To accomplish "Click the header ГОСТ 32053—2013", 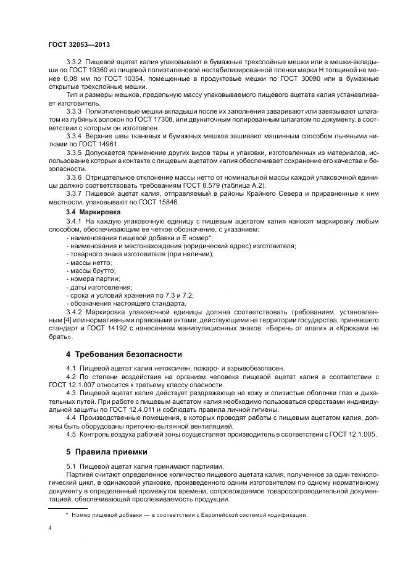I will (78, 45).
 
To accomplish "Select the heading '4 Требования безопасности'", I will (123, 354).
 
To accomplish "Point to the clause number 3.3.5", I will (74, 151).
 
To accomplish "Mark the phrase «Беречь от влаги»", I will (295, 328).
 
